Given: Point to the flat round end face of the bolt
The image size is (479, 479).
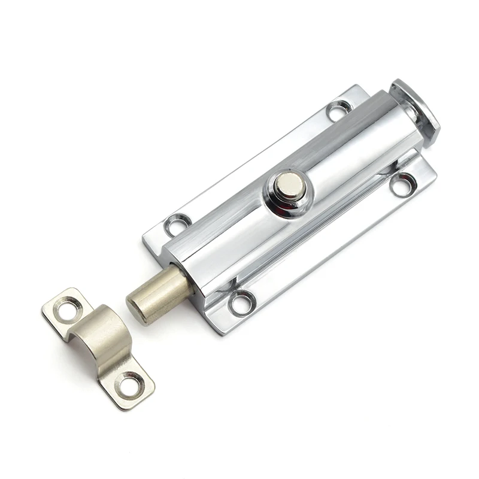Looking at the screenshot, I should click(x=137, y=308).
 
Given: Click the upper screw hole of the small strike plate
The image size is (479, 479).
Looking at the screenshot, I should click(x=68, y=307).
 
